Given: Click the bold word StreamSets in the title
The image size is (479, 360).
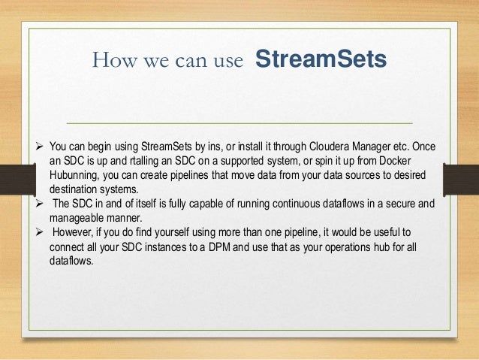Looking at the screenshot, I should [321, 59].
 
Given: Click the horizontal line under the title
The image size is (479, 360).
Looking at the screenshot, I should [239, 122].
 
